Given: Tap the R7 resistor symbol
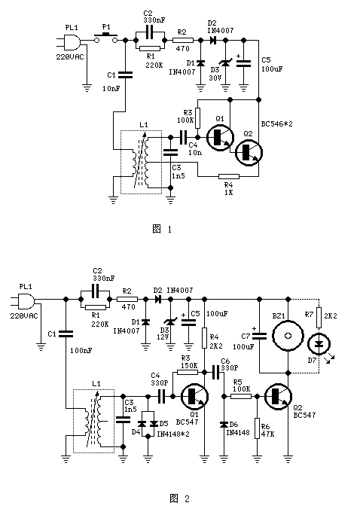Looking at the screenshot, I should click(319, 317).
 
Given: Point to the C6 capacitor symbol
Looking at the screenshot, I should click(215, 370).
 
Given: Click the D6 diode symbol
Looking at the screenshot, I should click(224, 425).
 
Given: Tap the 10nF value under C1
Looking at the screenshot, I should click(111, 89).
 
